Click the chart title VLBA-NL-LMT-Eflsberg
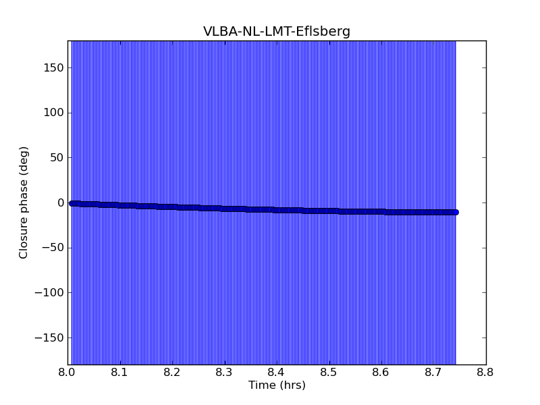277,32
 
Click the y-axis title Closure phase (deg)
24,202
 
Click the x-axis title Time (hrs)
277,385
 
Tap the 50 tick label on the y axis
55,157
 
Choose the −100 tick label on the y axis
49,292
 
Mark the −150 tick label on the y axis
49,337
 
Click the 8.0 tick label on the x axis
67,372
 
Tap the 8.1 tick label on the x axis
119,372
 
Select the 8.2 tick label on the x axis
172,372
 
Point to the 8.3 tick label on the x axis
224,372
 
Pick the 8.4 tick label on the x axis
277,372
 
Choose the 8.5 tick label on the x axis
329,372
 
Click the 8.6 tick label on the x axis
381,372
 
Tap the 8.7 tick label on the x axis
433,372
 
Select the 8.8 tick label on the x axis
486,372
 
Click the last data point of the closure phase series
455,212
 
